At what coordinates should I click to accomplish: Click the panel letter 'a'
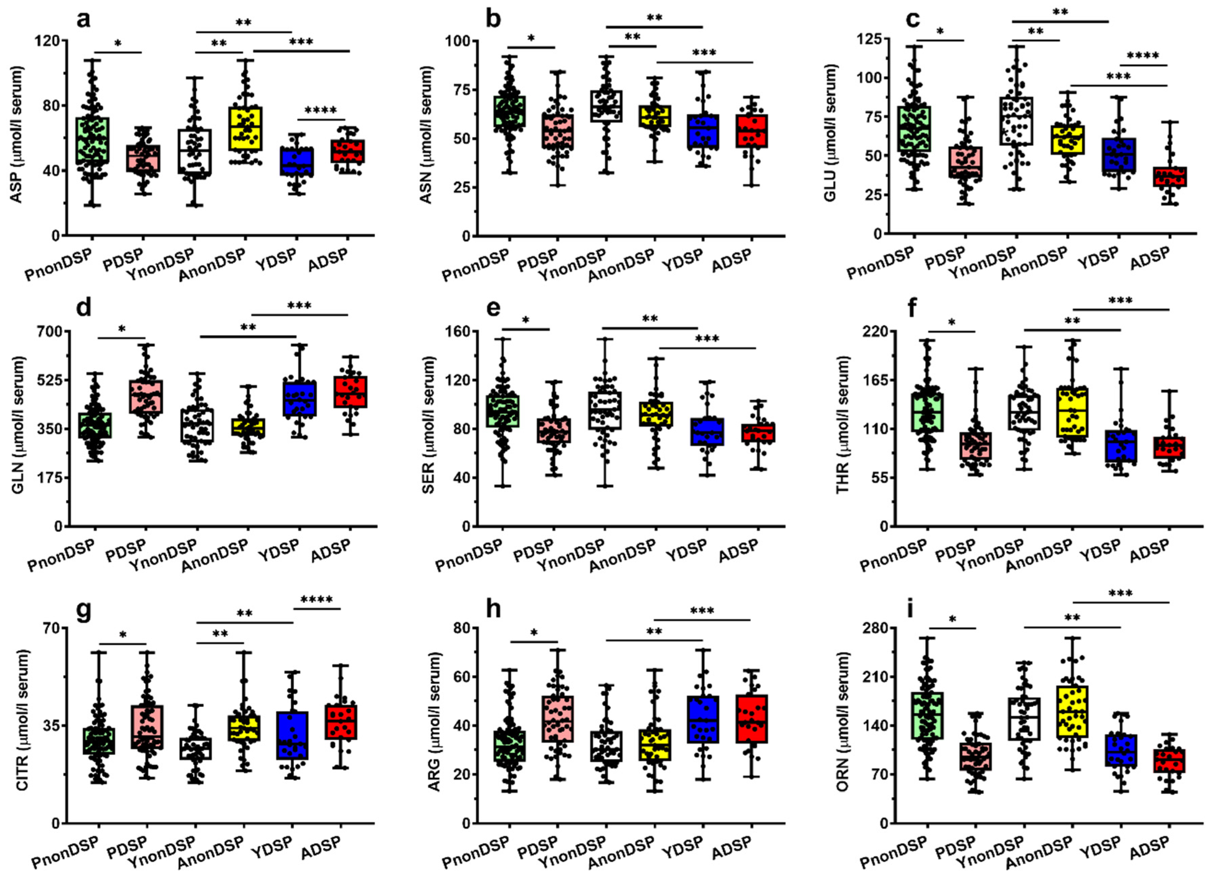pos(84,21)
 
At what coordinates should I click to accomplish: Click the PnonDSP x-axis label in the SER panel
pos(471,555)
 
